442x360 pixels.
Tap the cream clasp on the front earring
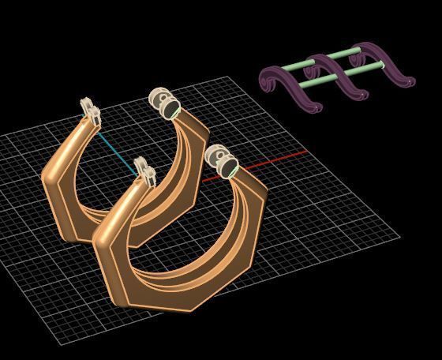[x=143, y=172]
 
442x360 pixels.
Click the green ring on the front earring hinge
[x=234, y=169]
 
